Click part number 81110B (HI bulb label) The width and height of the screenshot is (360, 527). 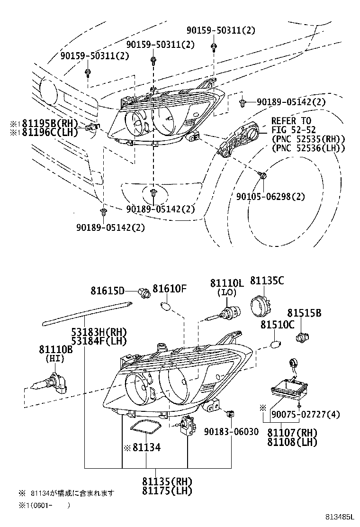[x=55, y=349]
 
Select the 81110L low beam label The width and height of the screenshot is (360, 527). [x=226, y=283]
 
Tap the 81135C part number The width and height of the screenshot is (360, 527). [x=267, y=281]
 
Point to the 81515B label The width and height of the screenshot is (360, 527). [x=304, y=313]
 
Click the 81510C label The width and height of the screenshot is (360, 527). [x=277, y=325]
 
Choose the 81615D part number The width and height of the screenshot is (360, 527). [x=108, y=291]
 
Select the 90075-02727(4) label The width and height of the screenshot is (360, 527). [x=305, y=415]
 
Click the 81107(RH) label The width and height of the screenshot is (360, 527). [x=292, y=433]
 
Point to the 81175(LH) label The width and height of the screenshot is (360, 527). [x=167, y=491]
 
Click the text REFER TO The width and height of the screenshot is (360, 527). [x=291, y=121]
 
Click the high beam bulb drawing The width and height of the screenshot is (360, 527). [x=47, y=382]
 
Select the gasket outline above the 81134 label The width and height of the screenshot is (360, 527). [x=145, y=426]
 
